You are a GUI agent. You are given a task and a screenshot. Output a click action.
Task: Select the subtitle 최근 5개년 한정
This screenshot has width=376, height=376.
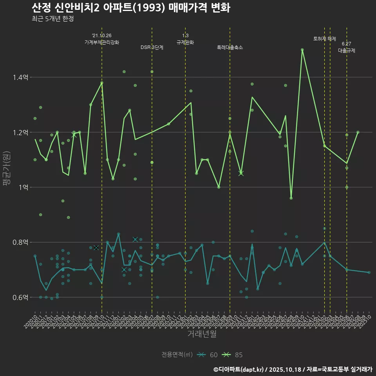(52, 19)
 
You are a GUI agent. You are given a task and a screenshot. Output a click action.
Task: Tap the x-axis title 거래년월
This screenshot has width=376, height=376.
(202, 334)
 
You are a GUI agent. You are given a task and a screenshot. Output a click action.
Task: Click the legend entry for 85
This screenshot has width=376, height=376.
(233, 355)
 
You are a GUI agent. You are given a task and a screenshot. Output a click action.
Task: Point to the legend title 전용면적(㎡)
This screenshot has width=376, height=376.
(177, 355)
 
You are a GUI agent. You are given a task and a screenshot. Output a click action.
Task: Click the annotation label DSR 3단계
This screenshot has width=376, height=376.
(152, 47)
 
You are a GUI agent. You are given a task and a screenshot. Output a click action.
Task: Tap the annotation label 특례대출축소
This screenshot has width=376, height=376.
(230, 47)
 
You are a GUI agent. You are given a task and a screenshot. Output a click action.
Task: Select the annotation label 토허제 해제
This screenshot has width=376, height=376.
(325, 39)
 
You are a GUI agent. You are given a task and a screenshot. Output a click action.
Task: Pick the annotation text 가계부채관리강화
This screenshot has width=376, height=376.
(102, 42)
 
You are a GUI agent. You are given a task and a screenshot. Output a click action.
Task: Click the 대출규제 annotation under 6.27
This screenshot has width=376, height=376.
(347, 51)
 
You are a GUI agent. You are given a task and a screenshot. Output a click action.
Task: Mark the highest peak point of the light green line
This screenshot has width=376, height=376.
(302, 50)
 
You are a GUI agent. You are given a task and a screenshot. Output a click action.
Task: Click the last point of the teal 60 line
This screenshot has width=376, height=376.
(369, 272)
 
